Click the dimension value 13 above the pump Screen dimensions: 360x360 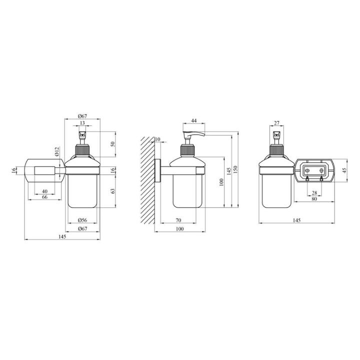(82, 123)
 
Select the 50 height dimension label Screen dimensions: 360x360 (113, 144)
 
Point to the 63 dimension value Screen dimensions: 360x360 (113, 190)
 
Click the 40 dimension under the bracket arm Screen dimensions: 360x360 (44, 191)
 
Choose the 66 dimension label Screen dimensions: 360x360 (44, 198)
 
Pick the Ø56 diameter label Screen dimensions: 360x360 (82, 220)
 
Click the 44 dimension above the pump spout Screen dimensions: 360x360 (194, 121)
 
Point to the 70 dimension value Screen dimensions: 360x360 (178, 220)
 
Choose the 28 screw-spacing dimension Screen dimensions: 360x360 (314, 192)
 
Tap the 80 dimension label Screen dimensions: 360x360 (314, 199)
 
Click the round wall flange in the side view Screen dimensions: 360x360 (157, 171)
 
